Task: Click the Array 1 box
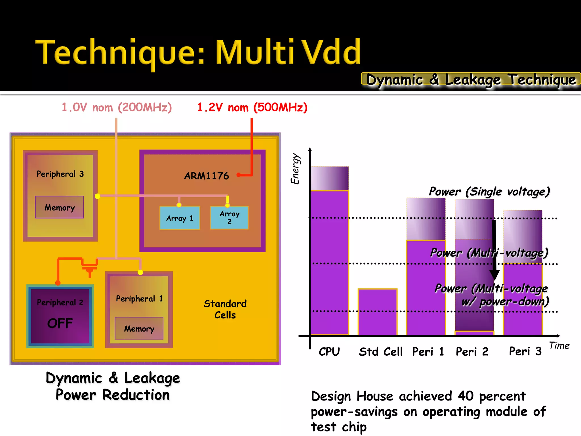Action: [x=180, y=218]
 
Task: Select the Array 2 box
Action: [x=229, y=217]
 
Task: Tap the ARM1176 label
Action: [x=206, y=176]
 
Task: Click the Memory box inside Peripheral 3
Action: [x=59, y=207]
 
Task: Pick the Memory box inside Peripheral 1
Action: [x=139, y=328]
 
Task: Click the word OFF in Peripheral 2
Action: [x=60, y=323]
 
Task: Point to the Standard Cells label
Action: [x=225, y=309]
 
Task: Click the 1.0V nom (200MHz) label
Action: [x=117, y=108]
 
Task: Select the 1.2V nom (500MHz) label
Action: [x=252, y=108]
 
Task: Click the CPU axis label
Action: [x=329, y=352]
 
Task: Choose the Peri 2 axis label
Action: [x=472, y=352]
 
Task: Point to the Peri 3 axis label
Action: [x=525, y=351]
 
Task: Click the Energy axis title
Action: [x=295, y=169]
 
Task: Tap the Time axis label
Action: [x=559, y=345]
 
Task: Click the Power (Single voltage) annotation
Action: [x=489, y=192]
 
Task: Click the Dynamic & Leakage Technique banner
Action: [x=471, y=79]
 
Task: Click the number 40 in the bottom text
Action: [x=466, y=396]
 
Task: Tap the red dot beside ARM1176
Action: [x=239, y=175]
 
